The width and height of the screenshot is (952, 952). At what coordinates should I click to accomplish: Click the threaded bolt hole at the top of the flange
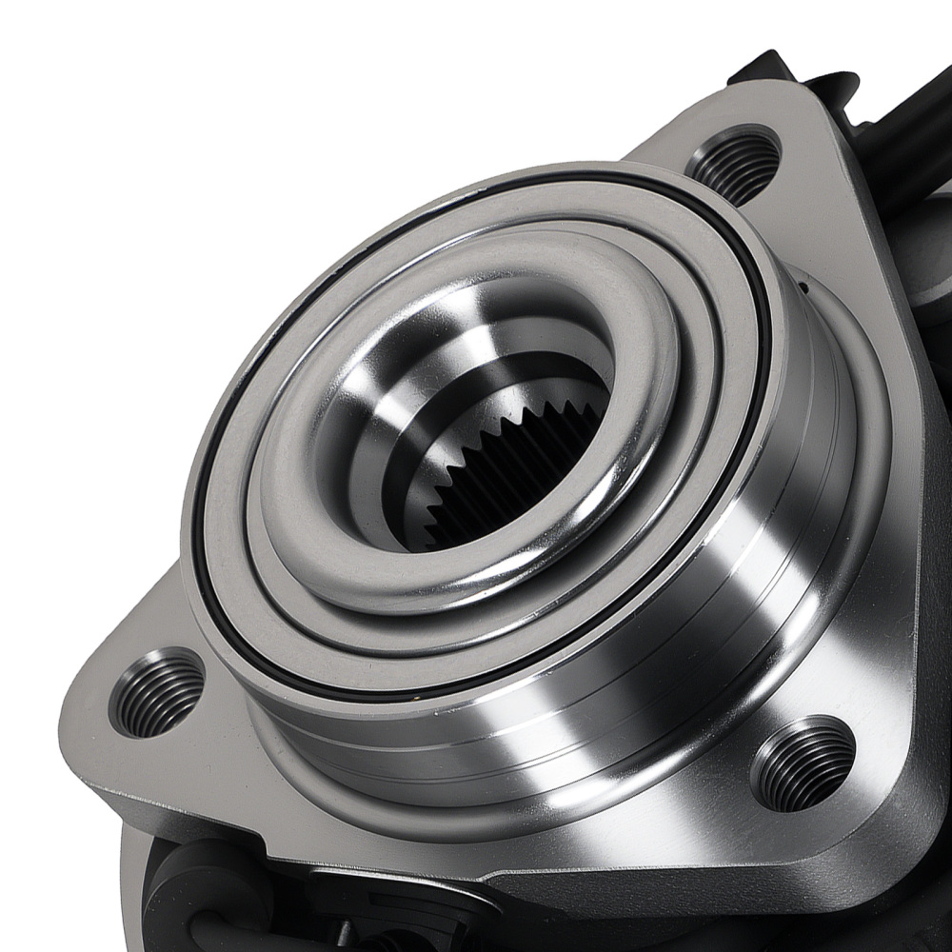pos(733,165)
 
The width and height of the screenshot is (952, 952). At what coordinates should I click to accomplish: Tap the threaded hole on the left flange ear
pos(156,692)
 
